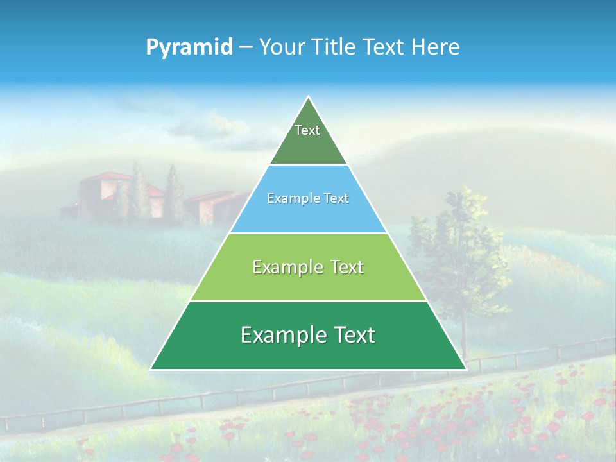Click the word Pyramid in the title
189,47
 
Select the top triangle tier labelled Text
308,138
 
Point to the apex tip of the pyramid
308,98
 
